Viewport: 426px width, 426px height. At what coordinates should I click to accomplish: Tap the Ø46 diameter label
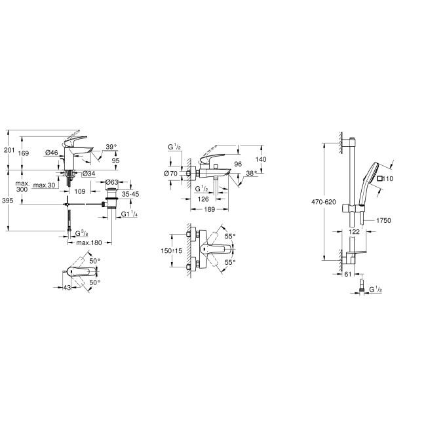click(x=52, y=153)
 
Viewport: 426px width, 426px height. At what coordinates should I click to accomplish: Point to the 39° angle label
click(x=111, y=147)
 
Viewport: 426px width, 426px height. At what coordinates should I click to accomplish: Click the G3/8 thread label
click(x=81, y=233)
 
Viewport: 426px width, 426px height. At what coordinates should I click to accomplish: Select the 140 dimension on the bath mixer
click(x=261, y=159)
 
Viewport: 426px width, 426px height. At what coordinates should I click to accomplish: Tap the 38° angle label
click(x=252, y=175)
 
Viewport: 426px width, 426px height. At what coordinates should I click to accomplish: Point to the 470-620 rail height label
click(x=324, y=202)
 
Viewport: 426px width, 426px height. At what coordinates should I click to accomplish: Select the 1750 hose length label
click(x=383, y=222)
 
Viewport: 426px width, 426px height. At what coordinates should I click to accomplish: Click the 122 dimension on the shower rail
click(x=354, y=232)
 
